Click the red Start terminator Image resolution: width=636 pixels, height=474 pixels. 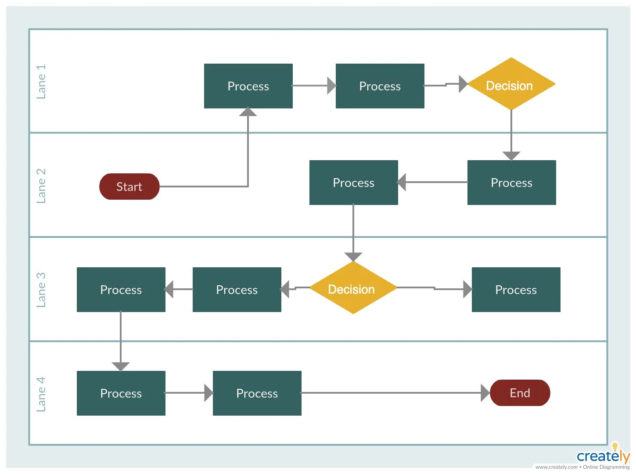click(x=129, y=187)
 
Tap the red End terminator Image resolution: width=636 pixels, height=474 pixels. click(x=520, y=393)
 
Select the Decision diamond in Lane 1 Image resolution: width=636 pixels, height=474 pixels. click(x=511, y=84)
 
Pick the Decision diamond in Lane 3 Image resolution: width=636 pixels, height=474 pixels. click(x=353, y=288)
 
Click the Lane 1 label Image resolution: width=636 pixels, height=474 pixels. click(x=41, y=82)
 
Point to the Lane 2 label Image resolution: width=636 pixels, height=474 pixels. click(x=41, y=186)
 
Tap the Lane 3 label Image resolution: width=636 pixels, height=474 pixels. click(x=41, y=290)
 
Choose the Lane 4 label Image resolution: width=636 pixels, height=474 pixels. click(x=41, y=394)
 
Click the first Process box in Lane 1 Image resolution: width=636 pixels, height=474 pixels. click(x=248, y=86)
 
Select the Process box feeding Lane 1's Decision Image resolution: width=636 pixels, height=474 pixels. click(x=380, y=86)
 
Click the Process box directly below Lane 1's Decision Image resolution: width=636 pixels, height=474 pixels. click(x=511, y=183)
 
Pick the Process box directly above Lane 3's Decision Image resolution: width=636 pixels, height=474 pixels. click(x=353, y=183)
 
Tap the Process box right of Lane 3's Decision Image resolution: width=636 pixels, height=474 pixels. click(x=516, y=290)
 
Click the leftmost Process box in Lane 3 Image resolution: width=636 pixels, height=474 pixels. click(x=121, y=290)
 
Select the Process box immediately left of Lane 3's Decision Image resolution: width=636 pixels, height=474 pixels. click(x=237, y=290)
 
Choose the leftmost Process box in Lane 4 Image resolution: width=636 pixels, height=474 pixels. click(x=121, y=393)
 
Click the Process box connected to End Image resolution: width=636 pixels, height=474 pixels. click(x=257, y=393)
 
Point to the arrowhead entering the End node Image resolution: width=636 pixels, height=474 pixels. click(x=485, y=393)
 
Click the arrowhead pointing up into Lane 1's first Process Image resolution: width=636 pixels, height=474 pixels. click(x=248, y=112)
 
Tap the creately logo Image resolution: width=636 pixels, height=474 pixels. click(x=603, y=456)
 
